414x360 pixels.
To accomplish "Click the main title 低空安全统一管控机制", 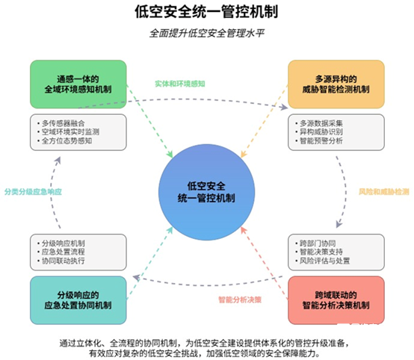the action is click(x=206, y=12).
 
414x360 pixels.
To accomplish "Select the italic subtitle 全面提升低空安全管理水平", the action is click(x=207, y=34).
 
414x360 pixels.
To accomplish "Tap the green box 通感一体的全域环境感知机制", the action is click(x=78, y=84).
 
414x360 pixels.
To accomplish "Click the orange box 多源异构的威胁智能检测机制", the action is click(x=336, y=84).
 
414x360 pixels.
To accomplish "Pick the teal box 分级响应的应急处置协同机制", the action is click(x=78, y=300).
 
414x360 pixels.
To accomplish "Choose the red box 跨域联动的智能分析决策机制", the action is click(x=336, y=300).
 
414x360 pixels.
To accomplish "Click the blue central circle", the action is click(x=206, y=192).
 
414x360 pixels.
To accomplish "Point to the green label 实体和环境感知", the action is click(x=180, y=84).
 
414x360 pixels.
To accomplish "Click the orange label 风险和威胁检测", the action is click(x=383, y=192).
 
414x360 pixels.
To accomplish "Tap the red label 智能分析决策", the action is click(x=240, y=300).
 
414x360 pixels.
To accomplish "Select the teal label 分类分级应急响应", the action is click(x=33, y=192).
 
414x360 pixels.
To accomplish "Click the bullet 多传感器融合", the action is click(x=64, y=123).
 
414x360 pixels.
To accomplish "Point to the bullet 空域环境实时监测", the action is click(x=70, y=132).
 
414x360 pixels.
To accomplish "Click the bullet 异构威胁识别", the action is click(x=321, y=132).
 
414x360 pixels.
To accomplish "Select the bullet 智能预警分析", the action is click(x=321, y=140).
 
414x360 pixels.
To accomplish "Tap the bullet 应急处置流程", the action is click(x=64, y=252).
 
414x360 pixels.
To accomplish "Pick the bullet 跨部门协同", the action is click(x=318, y=243).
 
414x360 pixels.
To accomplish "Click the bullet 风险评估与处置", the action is click(x=325, y=261).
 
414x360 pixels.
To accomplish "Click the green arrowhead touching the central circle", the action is click(x=169, y=154).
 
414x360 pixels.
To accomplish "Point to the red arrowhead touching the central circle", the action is click(x=244, y=230).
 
